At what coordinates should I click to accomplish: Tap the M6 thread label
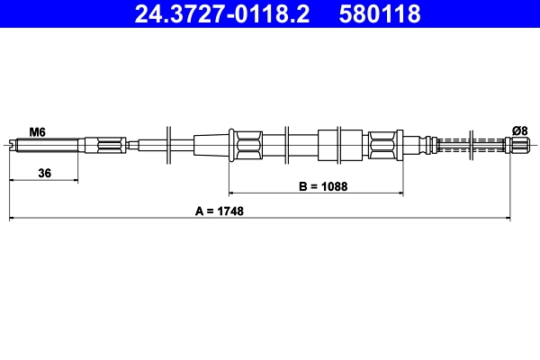tap(37, 131)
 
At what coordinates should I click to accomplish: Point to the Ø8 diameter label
tap(520, 131)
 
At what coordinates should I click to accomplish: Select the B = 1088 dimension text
tap(323, 187)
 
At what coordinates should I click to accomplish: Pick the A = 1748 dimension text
tap(220, 211)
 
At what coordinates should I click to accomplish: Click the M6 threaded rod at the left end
tap(45, 144)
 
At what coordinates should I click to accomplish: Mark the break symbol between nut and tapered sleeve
tap(169, 144)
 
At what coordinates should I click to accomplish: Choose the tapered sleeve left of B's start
tap(211, 144)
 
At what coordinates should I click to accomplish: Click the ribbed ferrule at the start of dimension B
tap(246, 144)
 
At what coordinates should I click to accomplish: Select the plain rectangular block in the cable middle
tap(332, 144)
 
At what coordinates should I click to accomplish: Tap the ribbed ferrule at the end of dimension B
tap(382, 144)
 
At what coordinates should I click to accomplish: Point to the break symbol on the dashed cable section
tap(475, 144)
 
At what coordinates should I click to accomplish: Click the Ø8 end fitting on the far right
tap(521, 144)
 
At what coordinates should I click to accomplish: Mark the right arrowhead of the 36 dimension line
tap(75, 180)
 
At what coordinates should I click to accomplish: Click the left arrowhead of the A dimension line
tap(13, 218)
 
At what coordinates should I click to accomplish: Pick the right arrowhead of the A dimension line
tap(508, 218)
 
